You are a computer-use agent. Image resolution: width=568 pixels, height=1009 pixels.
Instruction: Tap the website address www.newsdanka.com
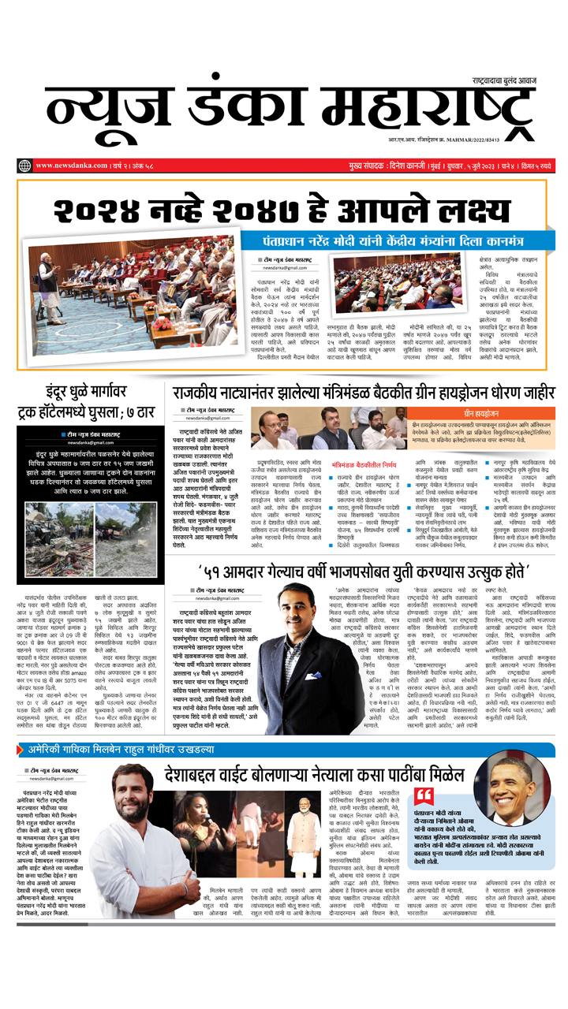pos(72,166)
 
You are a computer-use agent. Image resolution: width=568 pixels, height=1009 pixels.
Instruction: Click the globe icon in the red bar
pos(24,166)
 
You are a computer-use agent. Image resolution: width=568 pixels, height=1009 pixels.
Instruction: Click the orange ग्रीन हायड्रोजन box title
pos(481,413)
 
